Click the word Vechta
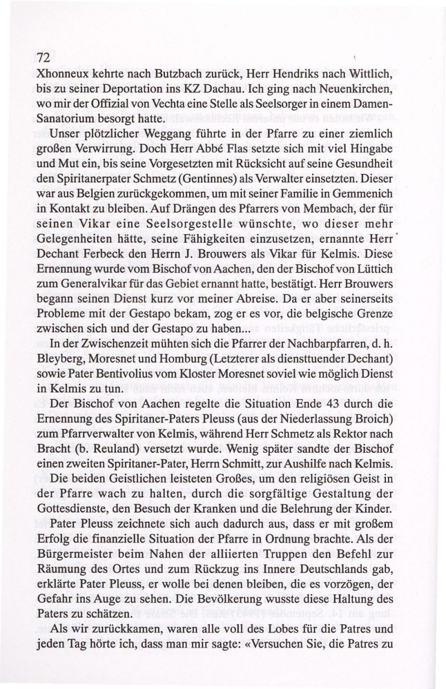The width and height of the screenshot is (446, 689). [185, 104]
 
